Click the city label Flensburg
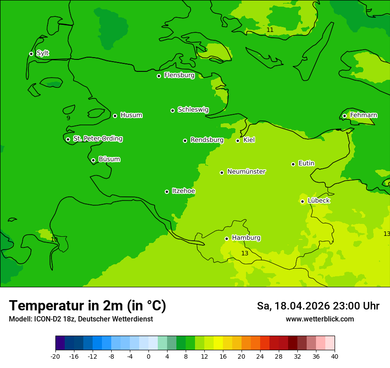(x=179, y=75)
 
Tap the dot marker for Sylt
(x=31, y=54)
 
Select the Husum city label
(x=131, y=115)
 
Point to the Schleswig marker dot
(x=172, y=110)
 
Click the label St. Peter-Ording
(x=97, y=139)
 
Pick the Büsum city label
(x=109, y=160)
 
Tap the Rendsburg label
(x=207, y=140)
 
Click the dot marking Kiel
(x=238, y=141)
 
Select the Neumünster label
(x=246, y=172)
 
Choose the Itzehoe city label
(x=183, y=191)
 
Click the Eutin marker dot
(x=293, y=164)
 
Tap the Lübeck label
(x=318, y=201)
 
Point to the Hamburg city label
(x=246, y=238)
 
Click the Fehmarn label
(x=363, y=115)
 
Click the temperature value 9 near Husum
(x=68, y=118)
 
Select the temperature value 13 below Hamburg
(x=245, y=254)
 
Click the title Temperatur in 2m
(x=87, y=306)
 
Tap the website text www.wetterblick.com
(x=320, y=319)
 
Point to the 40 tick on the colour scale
(x=334, y=356)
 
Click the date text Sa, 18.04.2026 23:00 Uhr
(x=318, y=306)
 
